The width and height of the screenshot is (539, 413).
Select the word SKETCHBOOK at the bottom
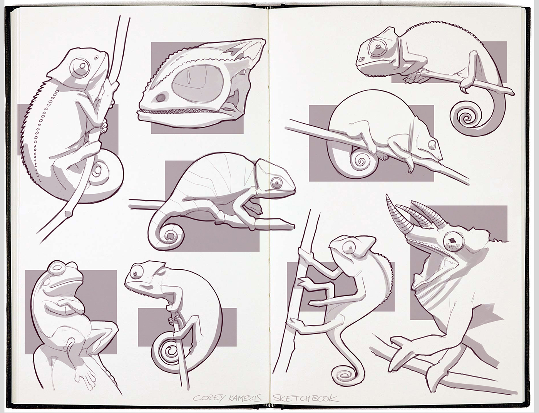point(306,399)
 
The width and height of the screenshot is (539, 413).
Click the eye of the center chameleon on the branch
point(276,183)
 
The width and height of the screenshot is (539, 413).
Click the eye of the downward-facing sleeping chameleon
point(432,145)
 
